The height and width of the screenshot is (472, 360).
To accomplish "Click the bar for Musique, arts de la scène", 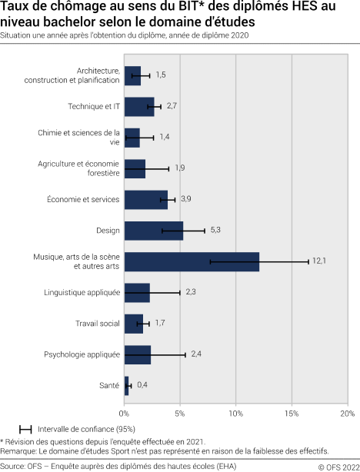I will point(192,261).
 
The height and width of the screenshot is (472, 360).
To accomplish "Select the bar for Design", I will point(154,231).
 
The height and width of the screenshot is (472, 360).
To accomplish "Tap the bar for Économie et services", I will point(146,200).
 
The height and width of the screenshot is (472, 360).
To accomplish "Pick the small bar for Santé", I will point(127,384).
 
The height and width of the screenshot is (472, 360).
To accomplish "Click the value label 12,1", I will point(319,261).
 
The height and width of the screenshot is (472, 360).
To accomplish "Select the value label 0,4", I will point(143,384).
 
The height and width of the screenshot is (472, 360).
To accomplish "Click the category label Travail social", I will point(98,323).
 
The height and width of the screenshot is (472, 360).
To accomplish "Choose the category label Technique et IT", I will point(94,107).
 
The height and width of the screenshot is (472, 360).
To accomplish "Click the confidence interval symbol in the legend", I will point(25,428).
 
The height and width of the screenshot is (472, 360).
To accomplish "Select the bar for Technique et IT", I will point(139,107).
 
